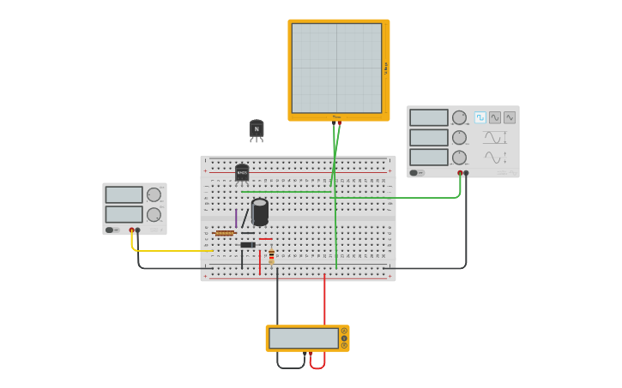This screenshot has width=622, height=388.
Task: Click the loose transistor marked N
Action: click(x=257, y=129)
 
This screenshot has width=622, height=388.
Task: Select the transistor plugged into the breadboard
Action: click(x=242, y=173)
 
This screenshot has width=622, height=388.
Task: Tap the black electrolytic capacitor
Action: click(x=260, y=211)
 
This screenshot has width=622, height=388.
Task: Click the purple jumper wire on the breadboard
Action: click(x=236, y=218)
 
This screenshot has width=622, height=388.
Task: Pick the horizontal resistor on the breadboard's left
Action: click(x=225, y=233)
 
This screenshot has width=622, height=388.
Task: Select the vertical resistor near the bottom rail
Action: click(x=272, y=255)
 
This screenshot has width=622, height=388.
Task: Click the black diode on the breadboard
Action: click(x=248, y=245)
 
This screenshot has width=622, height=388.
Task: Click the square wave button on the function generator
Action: click(x=480, y=117)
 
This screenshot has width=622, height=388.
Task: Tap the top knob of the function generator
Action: click(x=460, y=118)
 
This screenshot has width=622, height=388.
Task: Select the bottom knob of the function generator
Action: click(x=460, y=158)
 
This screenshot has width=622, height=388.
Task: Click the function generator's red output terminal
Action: click(x=460, y=173)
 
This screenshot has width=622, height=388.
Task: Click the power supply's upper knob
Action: click(x=154, y=195)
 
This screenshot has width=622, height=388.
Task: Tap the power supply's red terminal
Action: click(x=131, y=230)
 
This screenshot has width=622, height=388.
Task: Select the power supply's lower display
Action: click(x=124, y=214)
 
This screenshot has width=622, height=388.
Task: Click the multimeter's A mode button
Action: click(x=344, y=331)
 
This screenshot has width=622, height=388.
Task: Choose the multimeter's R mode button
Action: click(x=344, y=345)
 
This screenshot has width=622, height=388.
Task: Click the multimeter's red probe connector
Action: click(x=311, y=353)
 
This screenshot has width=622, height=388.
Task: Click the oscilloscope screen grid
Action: click(x=336, y=68)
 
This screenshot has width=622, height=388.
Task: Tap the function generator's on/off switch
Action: click(x=414, y=173)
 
